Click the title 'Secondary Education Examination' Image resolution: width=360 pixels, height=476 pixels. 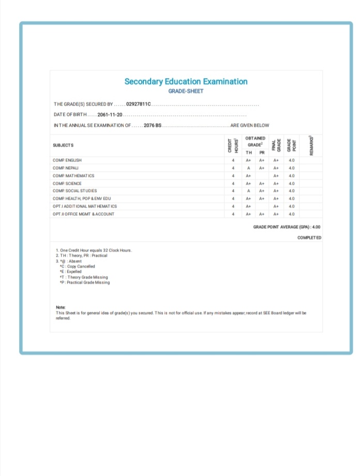pyautogui.click(x=186, y=81)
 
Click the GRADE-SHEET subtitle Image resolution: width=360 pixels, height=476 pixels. pyautogui.click(x=186, y=91)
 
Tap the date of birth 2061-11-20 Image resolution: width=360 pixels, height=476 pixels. pyautogui.click(x=109, y=114)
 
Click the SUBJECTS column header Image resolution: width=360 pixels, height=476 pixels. pyautogui.click(x=63, y=145)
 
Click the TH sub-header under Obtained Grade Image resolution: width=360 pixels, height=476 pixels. pyautogui.click(x=249, y=153)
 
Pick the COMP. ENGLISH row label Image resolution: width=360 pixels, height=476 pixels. pyautogui.click(x=67, y=160)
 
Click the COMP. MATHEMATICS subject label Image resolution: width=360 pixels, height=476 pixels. pyautogui.click(x=72, y=175)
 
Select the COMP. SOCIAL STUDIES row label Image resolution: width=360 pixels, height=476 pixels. pyautogui.click(x=74, y=191)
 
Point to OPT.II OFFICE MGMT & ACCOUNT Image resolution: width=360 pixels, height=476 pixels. pyautogui.click(x=83, y=214)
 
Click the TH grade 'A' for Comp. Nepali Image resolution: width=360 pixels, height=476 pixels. pyautogui.click(x=249, y=168)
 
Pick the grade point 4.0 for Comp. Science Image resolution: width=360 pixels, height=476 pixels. pyautogui.click(x=291, y=183)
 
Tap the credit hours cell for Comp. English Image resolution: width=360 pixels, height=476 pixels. pyautogui.click(x=233, y=160)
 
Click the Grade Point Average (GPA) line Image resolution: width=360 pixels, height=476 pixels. pyautogui.click(x=287, y=227)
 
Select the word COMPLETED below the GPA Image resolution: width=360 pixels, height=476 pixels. pyautogui.click(x=309, y=237)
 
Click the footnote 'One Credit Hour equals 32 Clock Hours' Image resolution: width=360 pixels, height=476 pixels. pyautogui.click(x=94, y=250)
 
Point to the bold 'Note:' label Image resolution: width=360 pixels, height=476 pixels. pyautogui.click(x=61, y=308)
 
